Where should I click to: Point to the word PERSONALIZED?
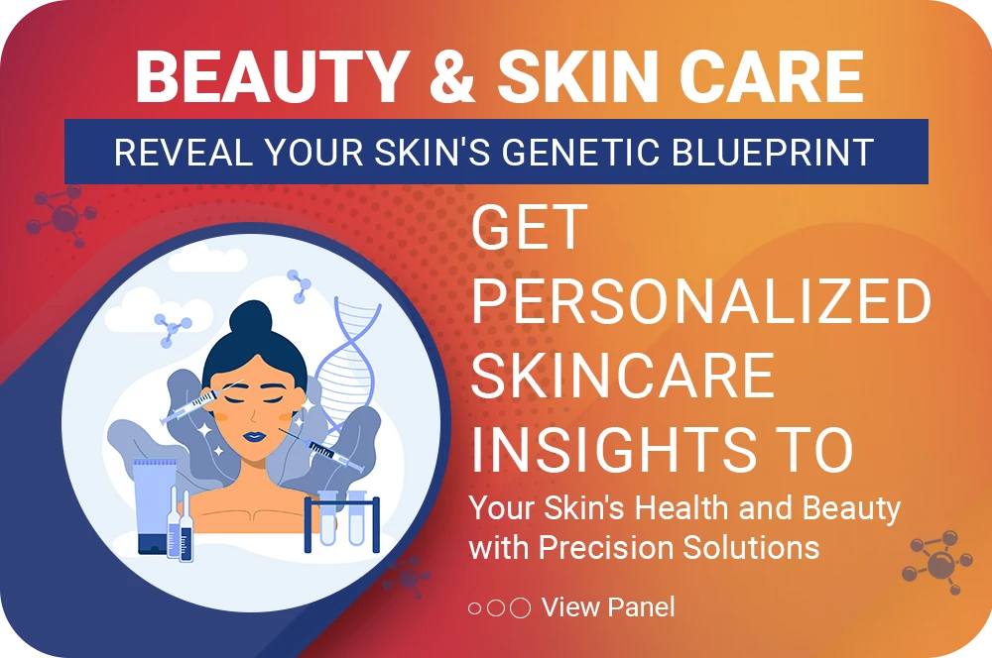click(x=701, y=300)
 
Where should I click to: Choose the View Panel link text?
click(x=608, y=607)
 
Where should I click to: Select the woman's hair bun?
click(x=251, y=320)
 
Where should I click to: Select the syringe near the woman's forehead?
click(x=188, y=406)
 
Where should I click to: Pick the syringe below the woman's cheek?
click(x=322, y=450)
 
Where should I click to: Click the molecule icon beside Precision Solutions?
click(x=937, y=563)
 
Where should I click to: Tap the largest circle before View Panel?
click(x=520, y=608)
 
